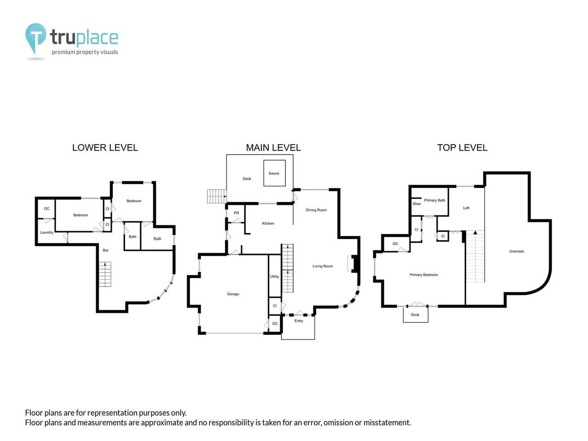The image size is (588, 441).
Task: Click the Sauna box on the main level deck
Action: coord(274,173)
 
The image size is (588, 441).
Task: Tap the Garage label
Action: coord(233,294)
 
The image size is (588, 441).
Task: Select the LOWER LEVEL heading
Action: coord(105,147)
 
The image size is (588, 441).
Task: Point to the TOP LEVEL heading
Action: coord(462,147)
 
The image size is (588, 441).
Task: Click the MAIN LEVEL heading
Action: coord(273,147)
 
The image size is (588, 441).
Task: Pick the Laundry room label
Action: coord(46,232)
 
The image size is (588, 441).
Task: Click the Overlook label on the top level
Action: coord(516,251)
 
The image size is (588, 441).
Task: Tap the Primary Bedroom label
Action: coord(424,275)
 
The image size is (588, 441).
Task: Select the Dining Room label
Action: coord(316,210)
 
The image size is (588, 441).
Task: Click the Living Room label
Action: coord(322,266)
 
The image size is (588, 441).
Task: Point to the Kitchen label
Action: coord(268,223)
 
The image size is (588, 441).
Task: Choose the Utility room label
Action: coord(274,277)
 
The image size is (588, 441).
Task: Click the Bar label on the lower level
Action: coord(106,250)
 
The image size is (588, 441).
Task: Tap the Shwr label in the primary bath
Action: coord(417,204)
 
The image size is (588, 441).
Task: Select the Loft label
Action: coord(466,208)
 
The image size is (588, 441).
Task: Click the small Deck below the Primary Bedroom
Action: coord(415,315)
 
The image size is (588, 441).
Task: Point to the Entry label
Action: coord(299,321)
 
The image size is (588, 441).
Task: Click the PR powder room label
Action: coord(236,213)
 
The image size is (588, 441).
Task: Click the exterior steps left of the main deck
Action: coord(217,196)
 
